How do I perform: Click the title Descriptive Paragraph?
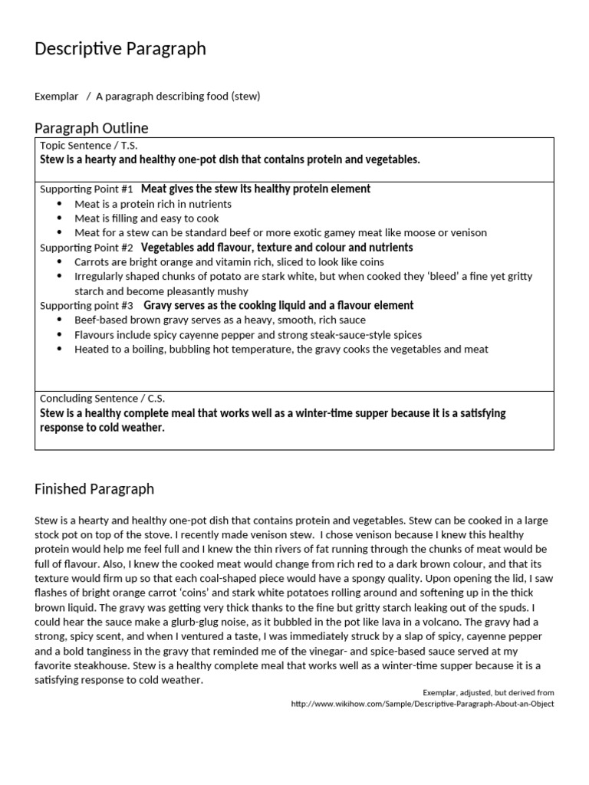point(120,49)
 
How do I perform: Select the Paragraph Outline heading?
point(91,128)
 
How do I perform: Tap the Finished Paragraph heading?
point(94,489)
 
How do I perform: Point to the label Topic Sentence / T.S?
point(88,146)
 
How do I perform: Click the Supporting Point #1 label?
point(86,189)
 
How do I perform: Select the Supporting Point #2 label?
point(86,248)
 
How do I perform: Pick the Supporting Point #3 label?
point(86,306)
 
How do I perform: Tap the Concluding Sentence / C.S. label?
point(102,399)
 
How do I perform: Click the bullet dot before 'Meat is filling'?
point(61,218)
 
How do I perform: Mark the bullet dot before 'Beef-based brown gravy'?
point(61,320)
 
